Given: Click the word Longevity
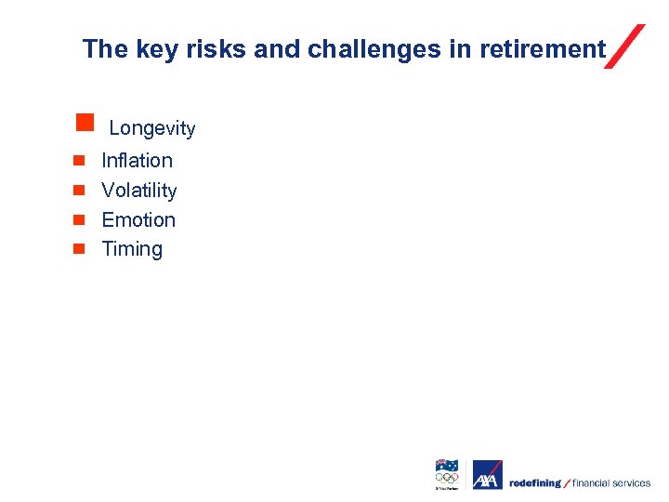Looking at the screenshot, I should coord(152,128).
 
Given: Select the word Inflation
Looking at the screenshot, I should coord(137,161).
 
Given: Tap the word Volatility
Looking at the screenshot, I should coord(138,191).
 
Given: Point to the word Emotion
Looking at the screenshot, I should coord(138,220).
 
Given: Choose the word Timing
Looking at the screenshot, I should coord(132,249).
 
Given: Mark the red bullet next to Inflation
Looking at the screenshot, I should coord(80,161).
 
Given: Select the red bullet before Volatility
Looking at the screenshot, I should coord(80,191).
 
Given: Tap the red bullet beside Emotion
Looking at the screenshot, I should coord(80,219).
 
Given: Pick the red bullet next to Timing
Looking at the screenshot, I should coord(80,248).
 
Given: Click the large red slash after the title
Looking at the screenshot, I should coord(624,46).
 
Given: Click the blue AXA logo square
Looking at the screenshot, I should coord(487,475).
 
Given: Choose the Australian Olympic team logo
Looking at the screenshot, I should coord(447,474).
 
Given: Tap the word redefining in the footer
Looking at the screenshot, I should coord(534,483).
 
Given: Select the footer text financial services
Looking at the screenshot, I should coord(611,483).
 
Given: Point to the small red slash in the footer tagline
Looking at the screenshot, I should coord(567,483).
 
